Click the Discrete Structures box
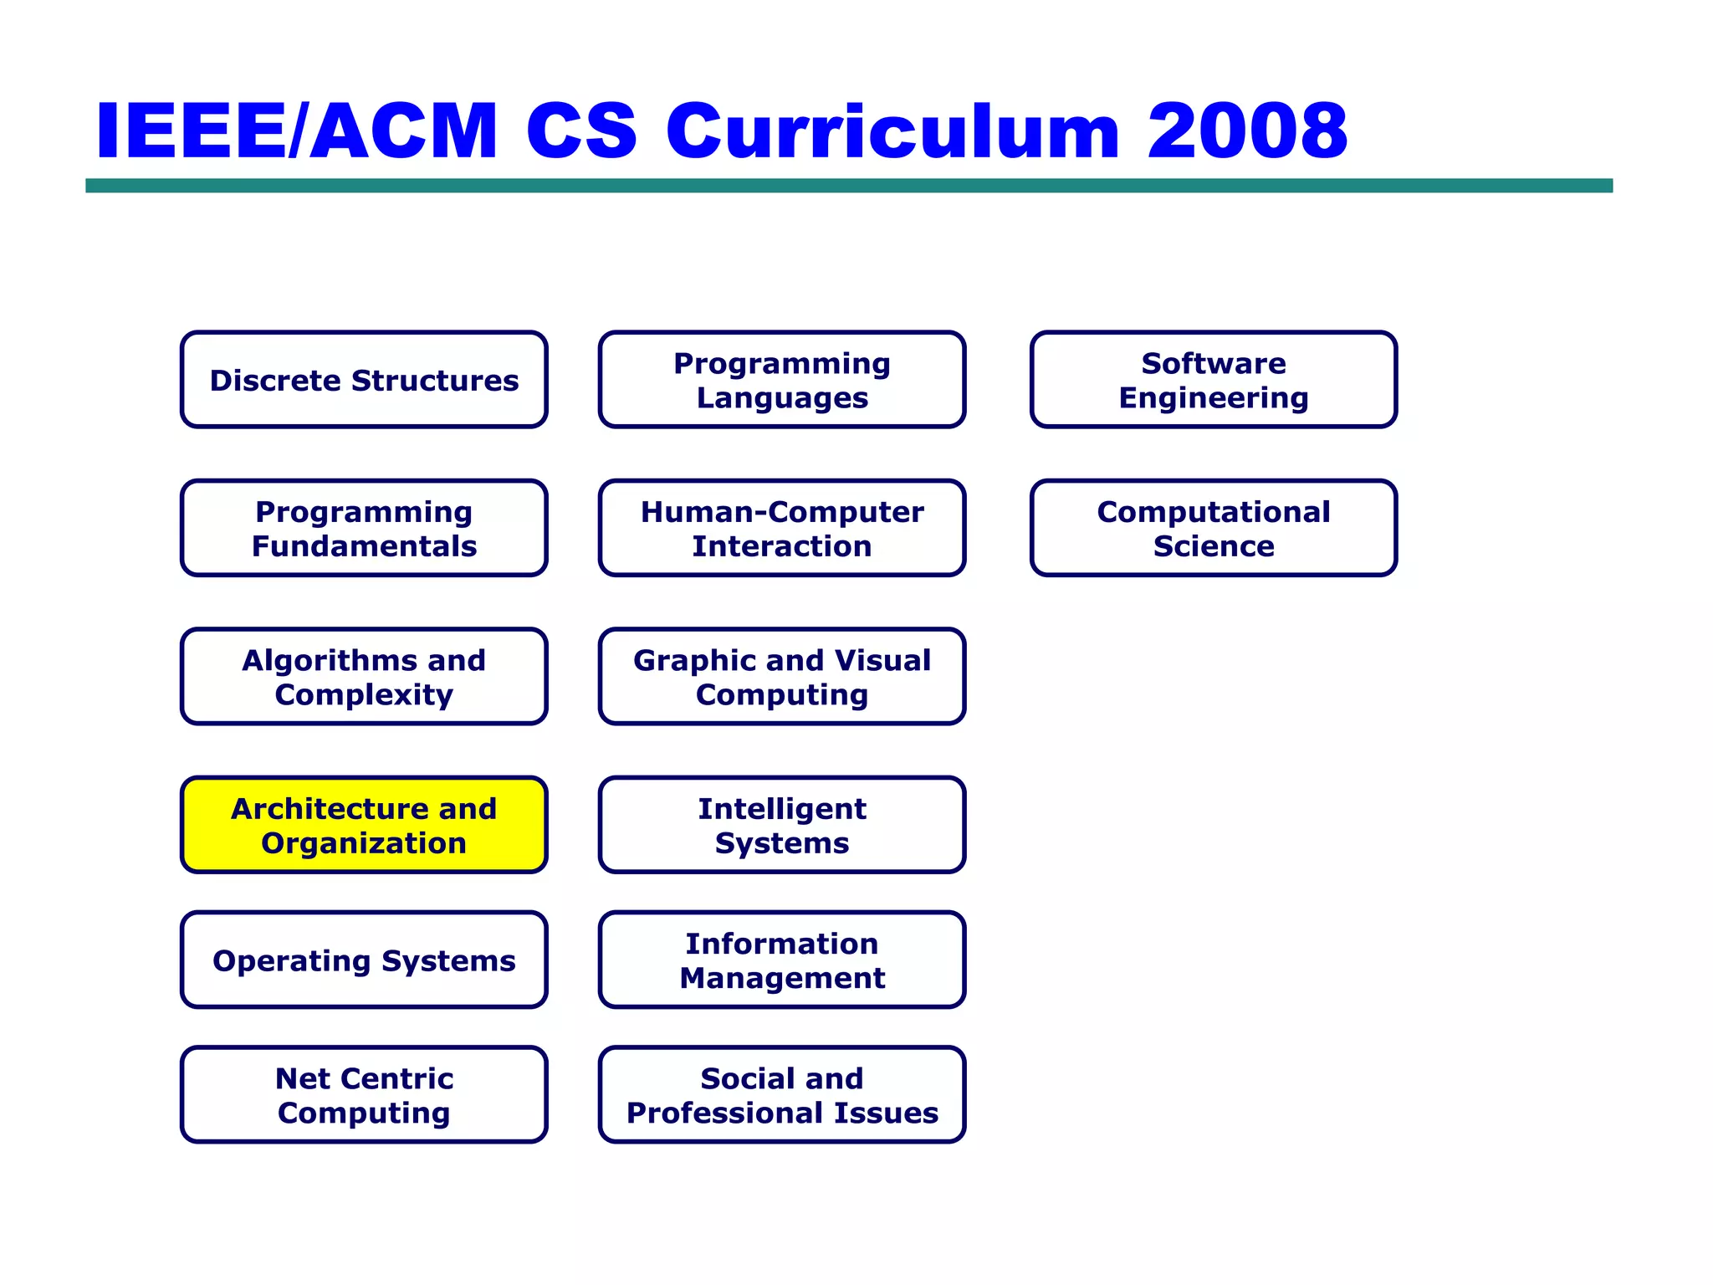[364, 380]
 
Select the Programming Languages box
[782, 380]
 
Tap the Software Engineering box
[1214, 380]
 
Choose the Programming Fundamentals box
[364, 528]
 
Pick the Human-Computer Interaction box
[782, 528]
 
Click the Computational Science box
[1214, 528]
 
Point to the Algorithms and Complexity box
[364, 677]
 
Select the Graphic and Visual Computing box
[782, 677]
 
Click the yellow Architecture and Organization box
[364, 825]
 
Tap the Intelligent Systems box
[782, 825]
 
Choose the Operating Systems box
[364, 960]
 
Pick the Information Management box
[782, 960]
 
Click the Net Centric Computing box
[364, 1094]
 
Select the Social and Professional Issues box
[782, 1094]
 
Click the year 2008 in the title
[1247, 131]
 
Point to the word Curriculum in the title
[892, 131]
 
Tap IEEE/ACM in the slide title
[297, 131]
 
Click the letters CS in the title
[581, 131]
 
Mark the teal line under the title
[849, 186]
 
